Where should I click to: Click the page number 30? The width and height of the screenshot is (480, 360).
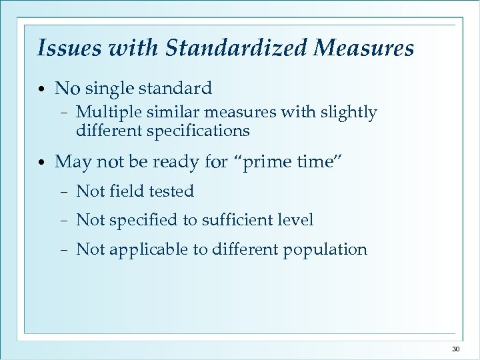click(x=456, y=349)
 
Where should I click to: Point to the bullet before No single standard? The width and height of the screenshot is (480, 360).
click(x=42, y=89)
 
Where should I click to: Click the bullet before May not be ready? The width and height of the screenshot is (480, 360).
click(x=42, y=162)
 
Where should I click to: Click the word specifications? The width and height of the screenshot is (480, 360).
click(x=197, y=131)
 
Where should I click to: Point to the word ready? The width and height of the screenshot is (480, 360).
click(x=175, y=162)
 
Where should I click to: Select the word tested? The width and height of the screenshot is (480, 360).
click(x=171, y=191)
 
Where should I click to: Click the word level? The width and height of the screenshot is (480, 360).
click(x=296, y=219)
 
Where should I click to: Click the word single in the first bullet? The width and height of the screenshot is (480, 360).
click(x=114, y=89)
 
